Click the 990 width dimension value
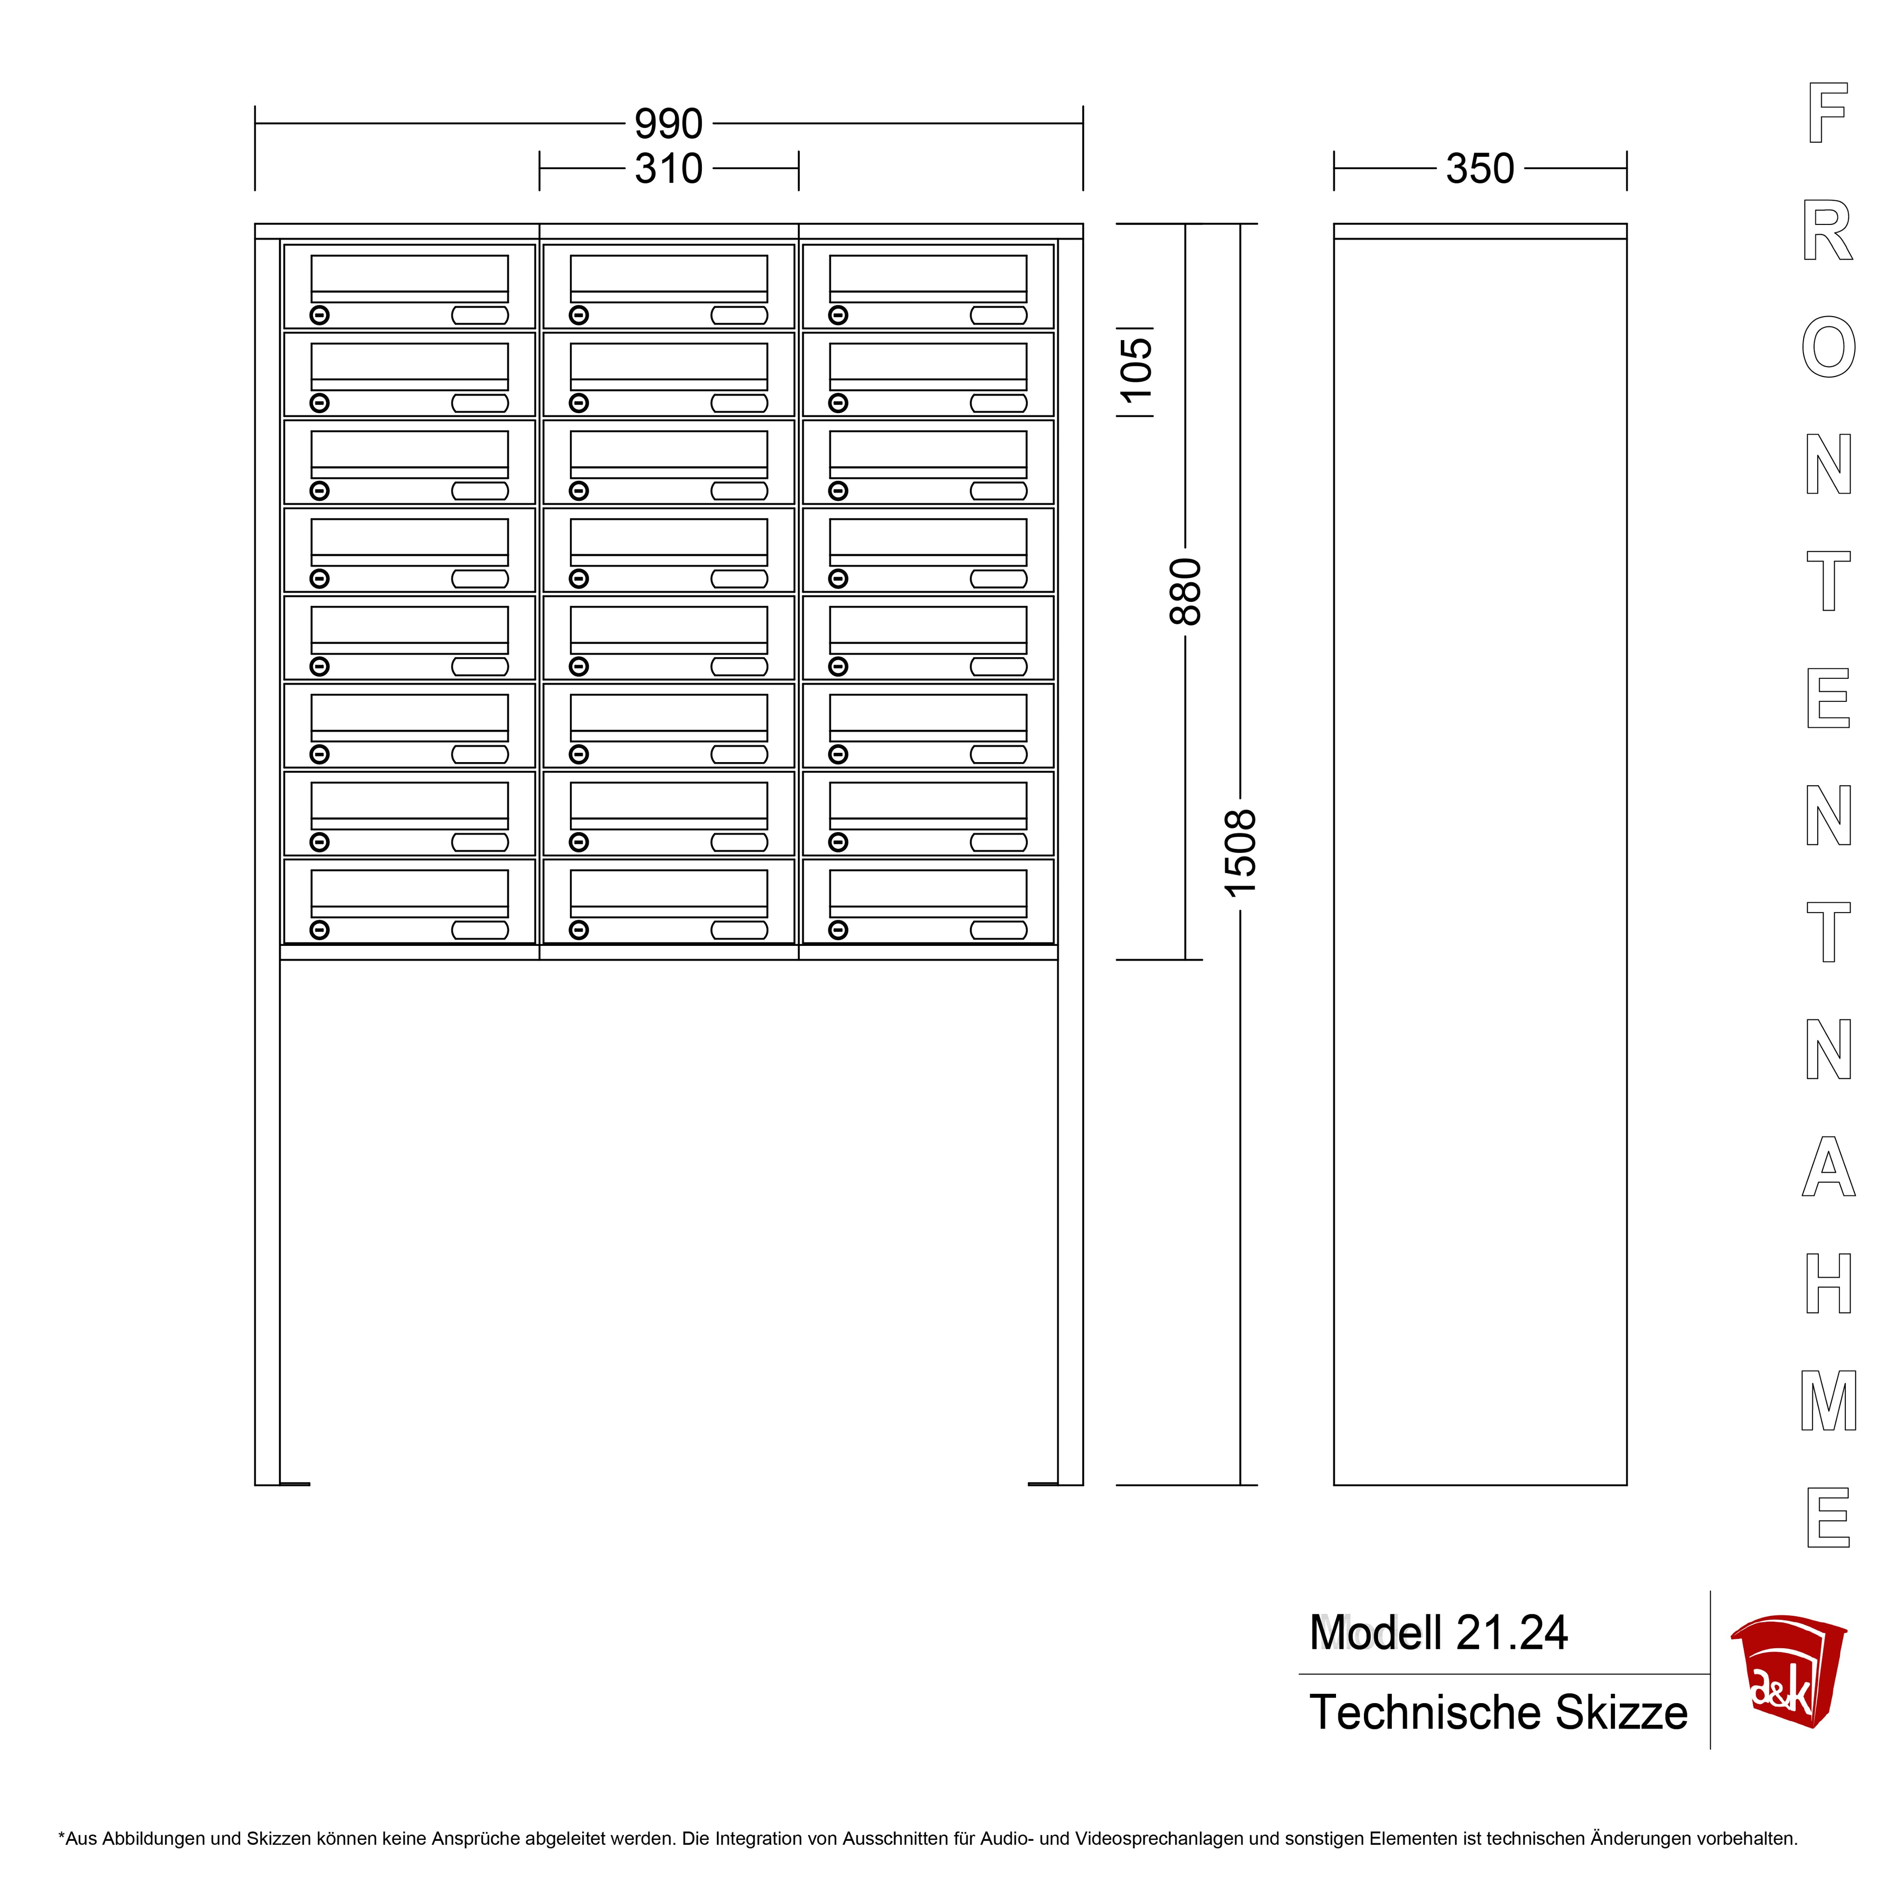click(668, 124)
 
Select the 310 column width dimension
click(668, 169)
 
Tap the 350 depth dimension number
click(1480, 169)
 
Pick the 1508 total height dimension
click(1240, 853)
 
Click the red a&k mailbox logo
click(1787, 1672)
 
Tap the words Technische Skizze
click(1498, 1712)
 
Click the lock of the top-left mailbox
click(320, 315)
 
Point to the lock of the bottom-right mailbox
click(838, 930)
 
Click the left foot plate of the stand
click(294, 1484)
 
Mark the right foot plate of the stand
click(1043, 1484)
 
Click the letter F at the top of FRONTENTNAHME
click(1828, 113)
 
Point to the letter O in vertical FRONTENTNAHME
click(1829, 347)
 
